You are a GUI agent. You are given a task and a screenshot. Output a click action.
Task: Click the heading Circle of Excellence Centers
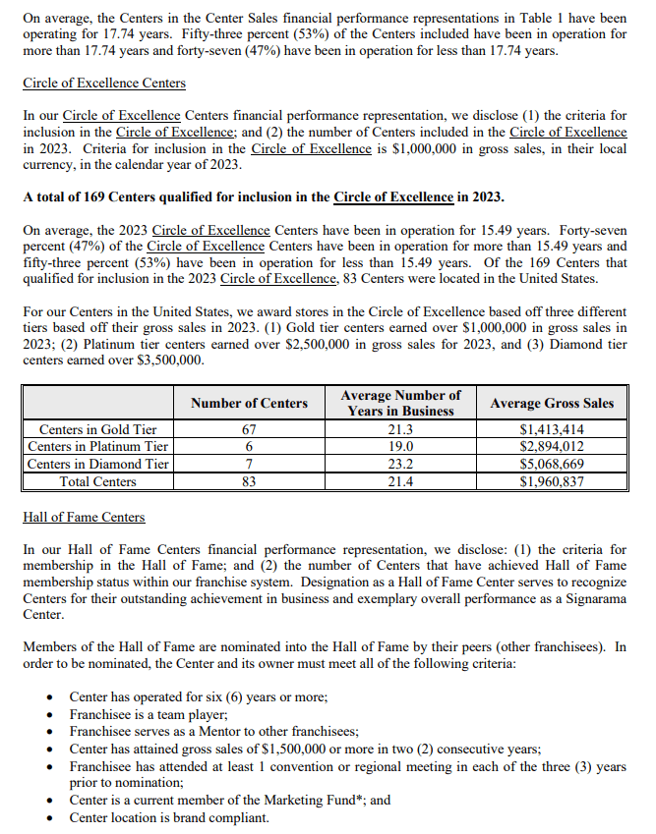(x=104, y=83)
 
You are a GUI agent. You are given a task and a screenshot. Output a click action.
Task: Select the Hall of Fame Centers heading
(x=84, y=517)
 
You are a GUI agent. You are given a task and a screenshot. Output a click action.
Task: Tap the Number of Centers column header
(x=249, y=403)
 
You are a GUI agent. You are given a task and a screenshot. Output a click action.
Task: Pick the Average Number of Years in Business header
(x=400, y=403)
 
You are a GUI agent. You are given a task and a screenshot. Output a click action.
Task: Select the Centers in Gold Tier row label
(x=97, y=429)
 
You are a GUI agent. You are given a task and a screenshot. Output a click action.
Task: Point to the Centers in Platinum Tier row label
(x=97, y=447)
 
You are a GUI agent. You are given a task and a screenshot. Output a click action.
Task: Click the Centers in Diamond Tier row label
(x=97, y=464)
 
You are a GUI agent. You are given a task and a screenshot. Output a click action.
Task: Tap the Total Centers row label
(x=97, y=481)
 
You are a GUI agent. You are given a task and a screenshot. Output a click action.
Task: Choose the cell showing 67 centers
(x=249, y=429)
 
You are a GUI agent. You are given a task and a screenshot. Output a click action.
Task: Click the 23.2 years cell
(x=400, y=464)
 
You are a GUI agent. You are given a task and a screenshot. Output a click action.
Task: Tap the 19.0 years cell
(x=400, y=447)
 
